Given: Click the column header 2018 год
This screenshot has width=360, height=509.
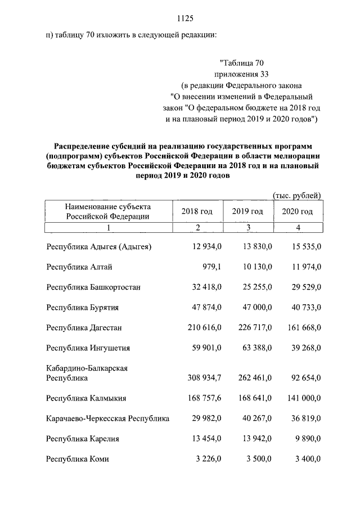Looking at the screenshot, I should point(197,211).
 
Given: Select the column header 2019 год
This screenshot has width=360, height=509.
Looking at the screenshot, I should point(247,211).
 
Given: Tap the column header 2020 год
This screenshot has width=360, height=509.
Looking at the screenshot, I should point(298,211).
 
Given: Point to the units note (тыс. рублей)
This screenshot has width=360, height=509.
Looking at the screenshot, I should point(296,195).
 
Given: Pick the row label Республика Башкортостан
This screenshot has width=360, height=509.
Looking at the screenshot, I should point(93,287).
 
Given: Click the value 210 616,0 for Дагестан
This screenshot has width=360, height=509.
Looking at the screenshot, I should point(201,327).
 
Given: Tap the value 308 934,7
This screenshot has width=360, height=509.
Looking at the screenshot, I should point(201,378).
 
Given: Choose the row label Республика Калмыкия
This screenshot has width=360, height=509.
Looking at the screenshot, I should point(86,398).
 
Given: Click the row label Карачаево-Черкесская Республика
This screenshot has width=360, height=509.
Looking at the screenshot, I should point(108,418).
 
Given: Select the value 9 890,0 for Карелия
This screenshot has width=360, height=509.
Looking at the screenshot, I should point(305,439).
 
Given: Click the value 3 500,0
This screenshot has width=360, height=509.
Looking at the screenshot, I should point(259,459).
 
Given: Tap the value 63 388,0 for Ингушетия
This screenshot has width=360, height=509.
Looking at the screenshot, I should point(254,348).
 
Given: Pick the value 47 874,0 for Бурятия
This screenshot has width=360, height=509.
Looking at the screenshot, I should point(204,307).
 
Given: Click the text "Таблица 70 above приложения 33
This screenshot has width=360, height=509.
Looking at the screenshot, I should point(241,62).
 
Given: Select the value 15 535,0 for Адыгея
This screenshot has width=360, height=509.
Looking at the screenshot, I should point(303,246).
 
